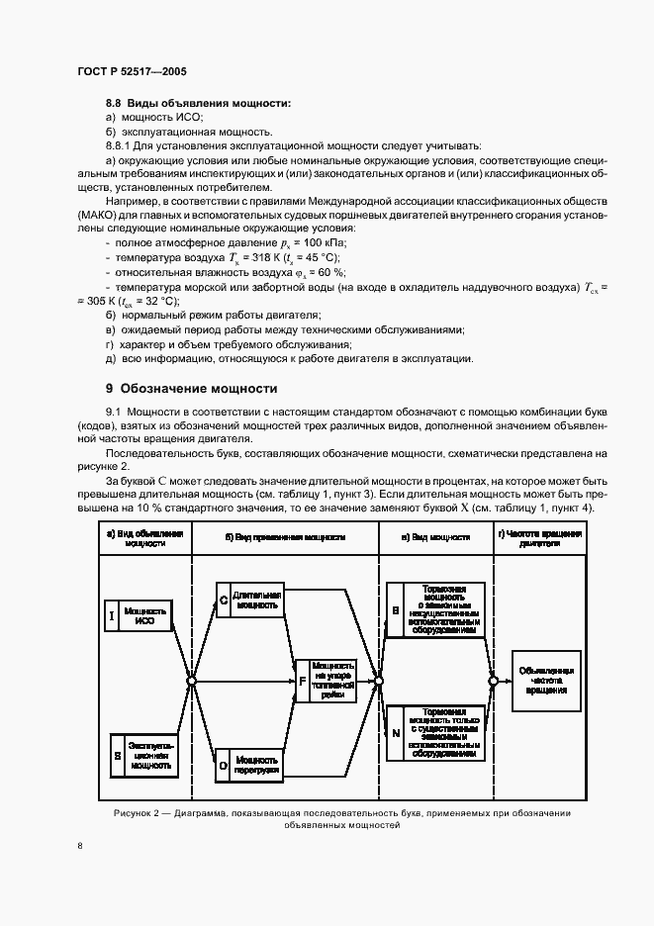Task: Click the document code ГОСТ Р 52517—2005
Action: [131, 72]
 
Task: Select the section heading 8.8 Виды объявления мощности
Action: [198, 103]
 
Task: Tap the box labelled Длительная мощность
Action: [257, 600]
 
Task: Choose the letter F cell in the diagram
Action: [303, 681]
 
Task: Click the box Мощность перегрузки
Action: [257, 764]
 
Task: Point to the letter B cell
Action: [395, 612]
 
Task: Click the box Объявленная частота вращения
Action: [546, 679]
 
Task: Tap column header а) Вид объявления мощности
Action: [145, 539]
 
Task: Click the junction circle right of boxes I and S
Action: [191, 681]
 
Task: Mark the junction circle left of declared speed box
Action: [492, 681]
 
